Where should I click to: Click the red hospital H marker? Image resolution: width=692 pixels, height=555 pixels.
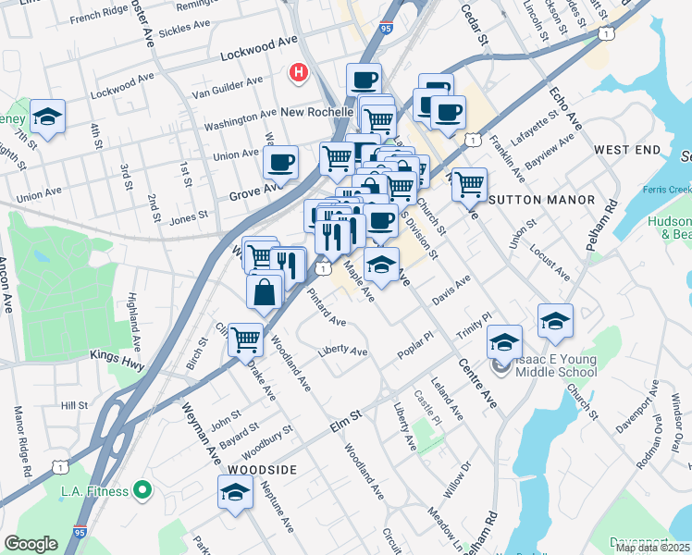pos(298,72)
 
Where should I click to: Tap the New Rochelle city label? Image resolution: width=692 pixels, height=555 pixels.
pos(318,112)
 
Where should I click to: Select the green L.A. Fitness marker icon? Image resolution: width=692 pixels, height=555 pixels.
pos(142,489)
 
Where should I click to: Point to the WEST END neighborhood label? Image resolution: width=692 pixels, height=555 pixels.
pos(627,150)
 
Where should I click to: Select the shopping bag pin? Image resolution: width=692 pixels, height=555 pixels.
pos(265,290)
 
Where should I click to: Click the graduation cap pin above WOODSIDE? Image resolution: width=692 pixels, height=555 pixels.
pos(235,491)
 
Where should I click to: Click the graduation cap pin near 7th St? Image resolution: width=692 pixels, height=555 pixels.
pos(47,117)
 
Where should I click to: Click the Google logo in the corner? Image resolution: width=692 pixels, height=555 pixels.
pos(31,544)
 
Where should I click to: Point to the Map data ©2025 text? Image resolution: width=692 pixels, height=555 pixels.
pos(653,548)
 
